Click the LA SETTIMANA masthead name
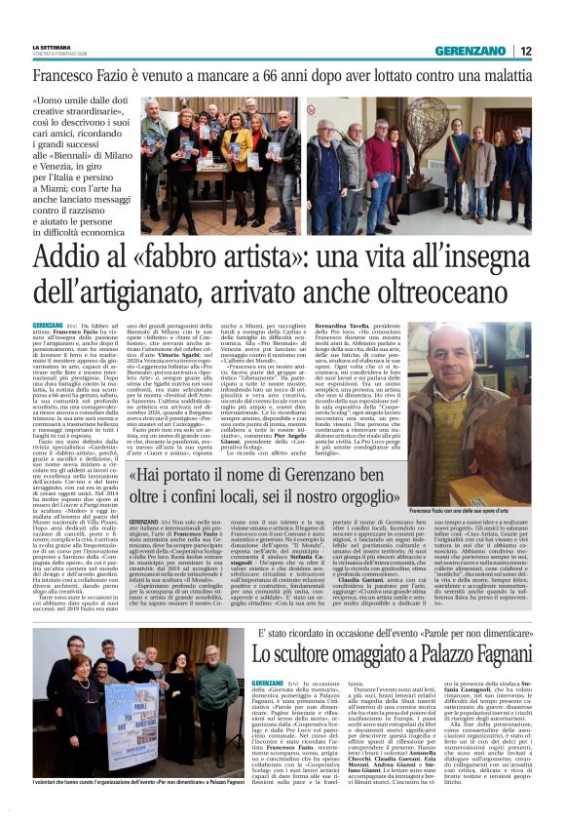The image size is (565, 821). [x=51, y=46]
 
